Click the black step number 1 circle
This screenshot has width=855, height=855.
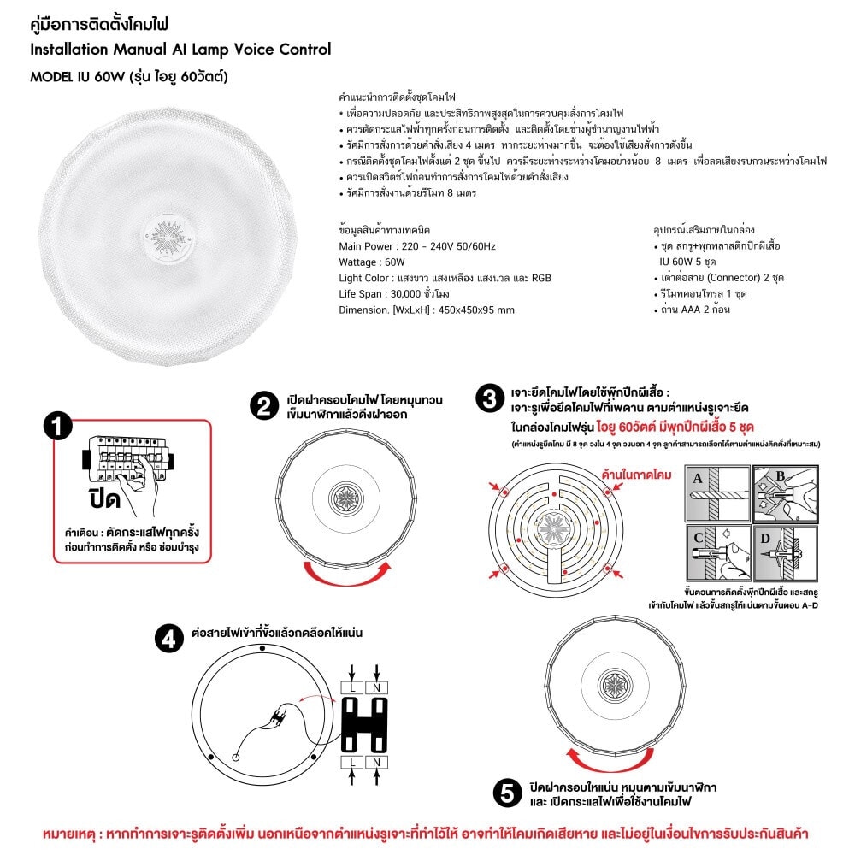(x=57, y=426)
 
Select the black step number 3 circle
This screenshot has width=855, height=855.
(x=488, y=398)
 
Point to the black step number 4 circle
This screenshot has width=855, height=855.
(x=168, y=638)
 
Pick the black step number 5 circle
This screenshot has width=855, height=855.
(x=508, y=793)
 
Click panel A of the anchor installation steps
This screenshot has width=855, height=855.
(x=716, y=493)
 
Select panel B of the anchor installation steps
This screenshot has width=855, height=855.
(x=783, y=493)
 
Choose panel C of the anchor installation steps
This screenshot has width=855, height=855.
(x=716, y=553)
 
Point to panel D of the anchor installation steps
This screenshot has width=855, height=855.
(x=783, y=553)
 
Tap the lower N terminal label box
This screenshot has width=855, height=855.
(x=377, y=761)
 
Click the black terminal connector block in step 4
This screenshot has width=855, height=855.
(x=364, y=723)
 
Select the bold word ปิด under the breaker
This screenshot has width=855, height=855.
(x=105, y=499)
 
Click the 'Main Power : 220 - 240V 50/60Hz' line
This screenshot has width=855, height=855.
(x=417, y=246)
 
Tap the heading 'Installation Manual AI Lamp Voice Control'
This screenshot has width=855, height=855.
(x=180, y=49)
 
